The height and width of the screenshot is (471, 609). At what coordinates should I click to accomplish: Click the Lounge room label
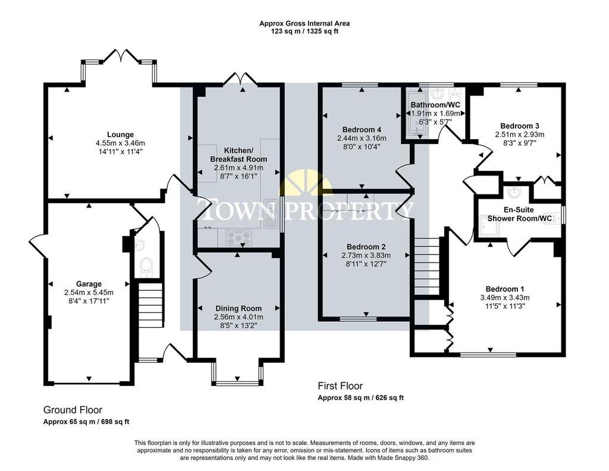coord(120,135)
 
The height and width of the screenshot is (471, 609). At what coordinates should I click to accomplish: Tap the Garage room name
coord(89,284)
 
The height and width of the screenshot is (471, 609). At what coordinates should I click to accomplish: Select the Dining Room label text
coord(238,309)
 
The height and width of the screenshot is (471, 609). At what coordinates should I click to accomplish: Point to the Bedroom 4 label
coord(362,129)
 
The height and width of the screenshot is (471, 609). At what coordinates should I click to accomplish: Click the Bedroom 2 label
coord(366,247)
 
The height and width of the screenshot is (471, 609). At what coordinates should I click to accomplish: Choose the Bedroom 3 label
coord(519,126)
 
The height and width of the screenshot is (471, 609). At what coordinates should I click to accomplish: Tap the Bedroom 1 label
coord(505,289)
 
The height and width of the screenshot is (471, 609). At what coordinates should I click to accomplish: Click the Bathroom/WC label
coord(435,105)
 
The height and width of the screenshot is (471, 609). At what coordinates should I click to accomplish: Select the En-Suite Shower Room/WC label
coord(519,214)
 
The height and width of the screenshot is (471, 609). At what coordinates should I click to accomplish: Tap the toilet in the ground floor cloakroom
coord(146,267)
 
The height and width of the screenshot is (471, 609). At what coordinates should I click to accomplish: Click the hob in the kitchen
coord(238,238)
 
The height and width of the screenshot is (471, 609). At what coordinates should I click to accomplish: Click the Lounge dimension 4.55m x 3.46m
coord(120,143)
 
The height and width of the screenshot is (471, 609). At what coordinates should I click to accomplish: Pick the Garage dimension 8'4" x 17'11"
coord(89,301)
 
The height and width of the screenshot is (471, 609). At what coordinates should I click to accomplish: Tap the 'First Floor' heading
coord(340,386)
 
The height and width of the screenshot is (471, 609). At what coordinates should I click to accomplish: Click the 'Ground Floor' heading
coord(73,410)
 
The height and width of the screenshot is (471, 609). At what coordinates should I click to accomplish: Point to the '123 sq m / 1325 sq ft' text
coord(304,31)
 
